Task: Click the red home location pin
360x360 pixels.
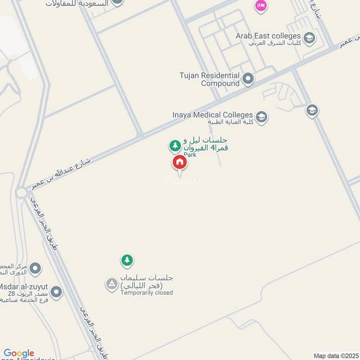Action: pos(180,162)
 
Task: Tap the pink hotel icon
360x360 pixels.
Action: pos(261,6)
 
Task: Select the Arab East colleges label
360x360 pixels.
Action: pos(268,36)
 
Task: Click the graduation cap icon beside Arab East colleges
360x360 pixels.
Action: pos(309,38)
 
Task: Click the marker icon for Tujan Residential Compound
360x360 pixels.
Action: pos(248,80)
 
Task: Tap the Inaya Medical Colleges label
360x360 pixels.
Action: pos(212,115)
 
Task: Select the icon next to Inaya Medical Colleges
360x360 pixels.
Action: pos(261,117)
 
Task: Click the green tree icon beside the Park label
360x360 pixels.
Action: pos(175,145)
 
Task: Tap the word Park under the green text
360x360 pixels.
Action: pos(190,154)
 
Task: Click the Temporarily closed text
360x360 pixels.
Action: pos(146,293)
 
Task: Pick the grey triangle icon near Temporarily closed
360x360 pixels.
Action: pos(111,284)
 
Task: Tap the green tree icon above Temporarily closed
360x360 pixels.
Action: pos(127,260)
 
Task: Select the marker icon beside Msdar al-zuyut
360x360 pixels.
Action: pos(56,292)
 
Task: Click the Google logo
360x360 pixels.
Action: pos(19,353)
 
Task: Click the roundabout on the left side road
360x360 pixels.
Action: pos(21,193)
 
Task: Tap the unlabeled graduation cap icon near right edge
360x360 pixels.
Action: pos(312,110)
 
